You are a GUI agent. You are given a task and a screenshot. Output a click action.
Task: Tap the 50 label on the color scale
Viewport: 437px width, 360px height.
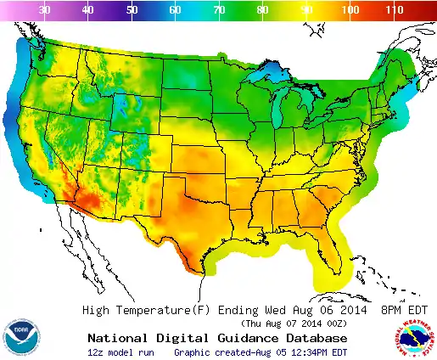tap(132, 9)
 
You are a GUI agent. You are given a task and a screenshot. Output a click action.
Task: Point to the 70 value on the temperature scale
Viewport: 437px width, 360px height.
tap(219, 9)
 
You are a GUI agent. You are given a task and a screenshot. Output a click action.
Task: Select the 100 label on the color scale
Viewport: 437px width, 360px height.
tap(349, 9)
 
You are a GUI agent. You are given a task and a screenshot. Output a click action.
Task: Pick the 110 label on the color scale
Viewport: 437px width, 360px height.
tap(393, 9)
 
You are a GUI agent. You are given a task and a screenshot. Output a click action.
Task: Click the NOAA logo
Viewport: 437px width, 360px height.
tap(20, 337)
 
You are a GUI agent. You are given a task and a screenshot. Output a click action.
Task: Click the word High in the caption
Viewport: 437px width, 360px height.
tap(97, 310)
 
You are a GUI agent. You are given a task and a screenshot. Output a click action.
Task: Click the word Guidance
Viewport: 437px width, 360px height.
tap(239, 337)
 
